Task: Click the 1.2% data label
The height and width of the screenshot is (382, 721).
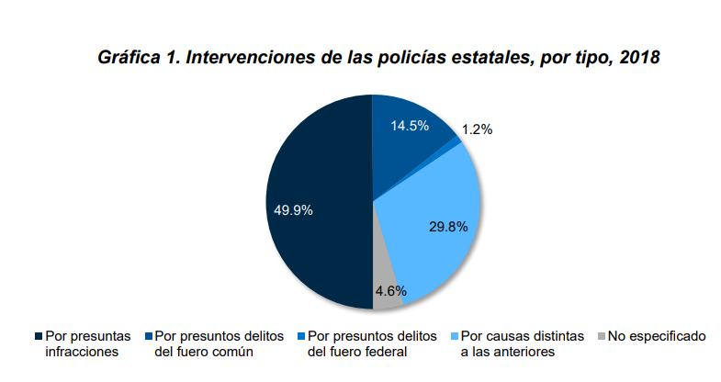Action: (x=477, y=129)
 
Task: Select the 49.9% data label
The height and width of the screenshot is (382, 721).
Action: (x=293, y=209)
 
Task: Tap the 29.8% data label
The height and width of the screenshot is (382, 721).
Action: (x=448, y=225)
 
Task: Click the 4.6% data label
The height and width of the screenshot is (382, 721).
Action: (x=389, y=291)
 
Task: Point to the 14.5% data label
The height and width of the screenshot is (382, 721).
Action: (x=410, y=126)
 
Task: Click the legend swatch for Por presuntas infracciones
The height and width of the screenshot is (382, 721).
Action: (x=38, y=336)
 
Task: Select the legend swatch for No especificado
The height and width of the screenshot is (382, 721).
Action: (x=602, y=336)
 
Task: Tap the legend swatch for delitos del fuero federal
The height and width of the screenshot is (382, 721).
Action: (x=300, y=336)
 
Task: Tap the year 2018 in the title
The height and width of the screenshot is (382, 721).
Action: (x=640, y=58)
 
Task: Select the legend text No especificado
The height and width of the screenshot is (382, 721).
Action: (x=658, y=336)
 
